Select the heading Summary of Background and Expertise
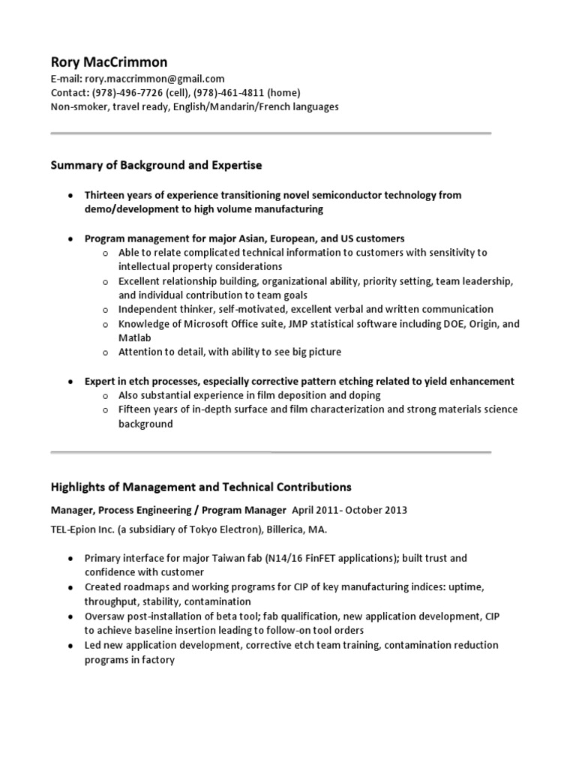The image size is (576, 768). (156, 164)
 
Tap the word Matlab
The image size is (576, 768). (135, 338)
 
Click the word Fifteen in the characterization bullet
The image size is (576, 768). (137, 409)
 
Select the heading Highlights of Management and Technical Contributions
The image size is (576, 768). (201, 487)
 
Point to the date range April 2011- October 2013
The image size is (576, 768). (349, 510)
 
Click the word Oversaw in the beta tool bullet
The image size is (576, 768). (106, 616)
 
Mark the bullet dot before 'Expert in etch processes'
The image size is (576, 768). (70, 382)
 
